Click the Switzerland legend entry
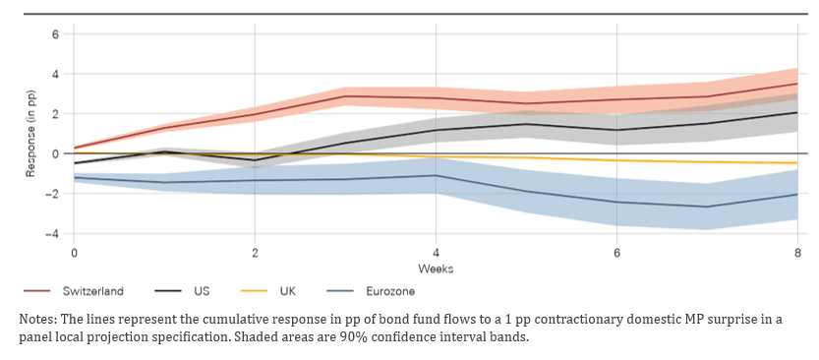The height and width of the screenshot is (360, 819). (x=74, y=291)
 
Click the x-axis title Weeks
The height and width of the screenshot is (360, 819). (x=436, y=270)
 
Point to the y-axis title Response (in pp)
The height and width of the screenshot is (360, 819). (x=30, y=133)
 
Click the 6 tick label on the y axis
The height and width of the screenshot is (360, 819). (x=55, y=34)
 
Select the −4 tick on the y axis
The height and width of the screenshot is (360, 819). (x=52, y=233)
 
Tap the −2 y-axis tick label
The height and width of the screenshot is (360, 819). (x=52, y=194)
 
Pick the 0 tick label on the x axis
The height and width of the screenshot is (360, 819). (x=73, y=253)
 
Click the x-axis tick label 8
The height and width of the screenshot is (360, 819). (x=797, y=253)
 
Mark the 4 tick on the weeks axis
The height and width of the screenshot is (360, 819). (x=436, y=253)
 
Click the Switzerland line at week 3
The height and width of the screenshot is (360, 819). (x=345, y=96)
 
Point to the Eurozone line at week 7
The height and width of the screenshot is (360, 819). (x=707, y=207)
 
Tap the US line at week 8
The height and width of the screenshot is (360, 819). (x=797, y=112)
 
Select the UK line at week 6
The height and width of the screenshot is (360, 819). (x=616, y=160)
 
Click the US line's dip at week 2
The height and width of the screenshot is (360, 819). (x=255, y=160)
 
